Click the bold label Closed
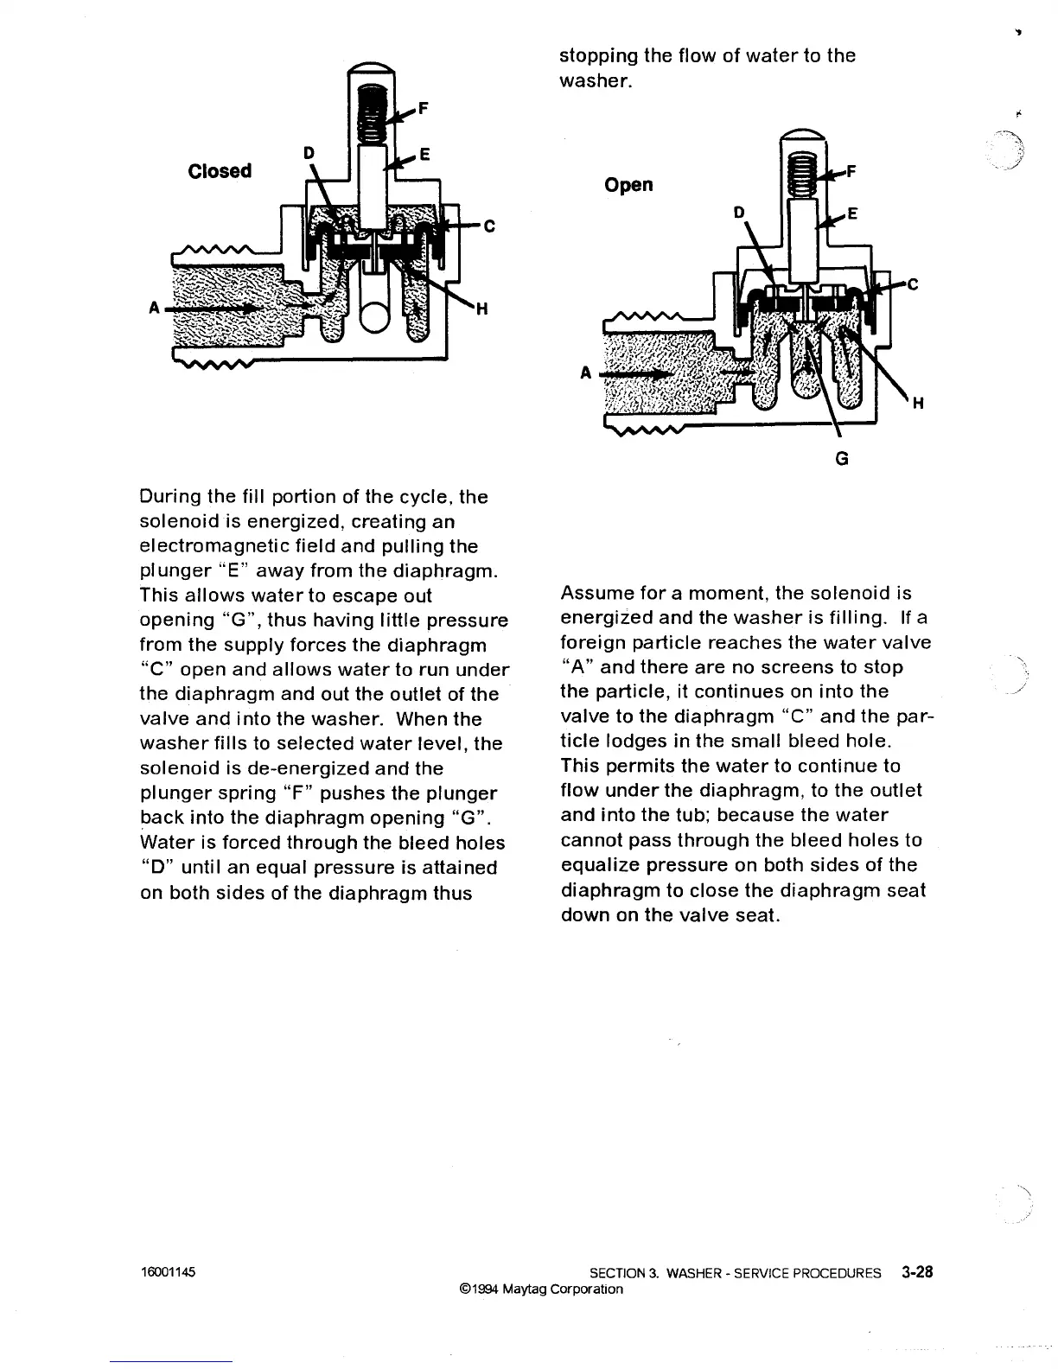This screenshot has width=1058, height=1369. pos(220,170)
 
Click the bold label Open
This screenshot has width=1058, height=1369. pos(628,185)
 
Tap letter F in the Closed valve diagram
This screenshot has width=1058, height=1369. pos(423,109)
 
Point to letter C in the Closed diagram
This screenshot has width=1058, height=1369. pos(488,227)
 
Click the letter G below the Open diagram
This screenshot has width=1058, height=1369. pos(842,459)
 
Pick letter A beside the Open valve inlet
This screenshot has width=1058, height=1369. pos(585,373)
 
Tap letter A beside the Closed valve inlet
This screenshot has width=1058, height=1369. pos(155,307)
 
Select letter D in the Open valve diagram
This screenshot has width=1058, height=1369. pos(738,213)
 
